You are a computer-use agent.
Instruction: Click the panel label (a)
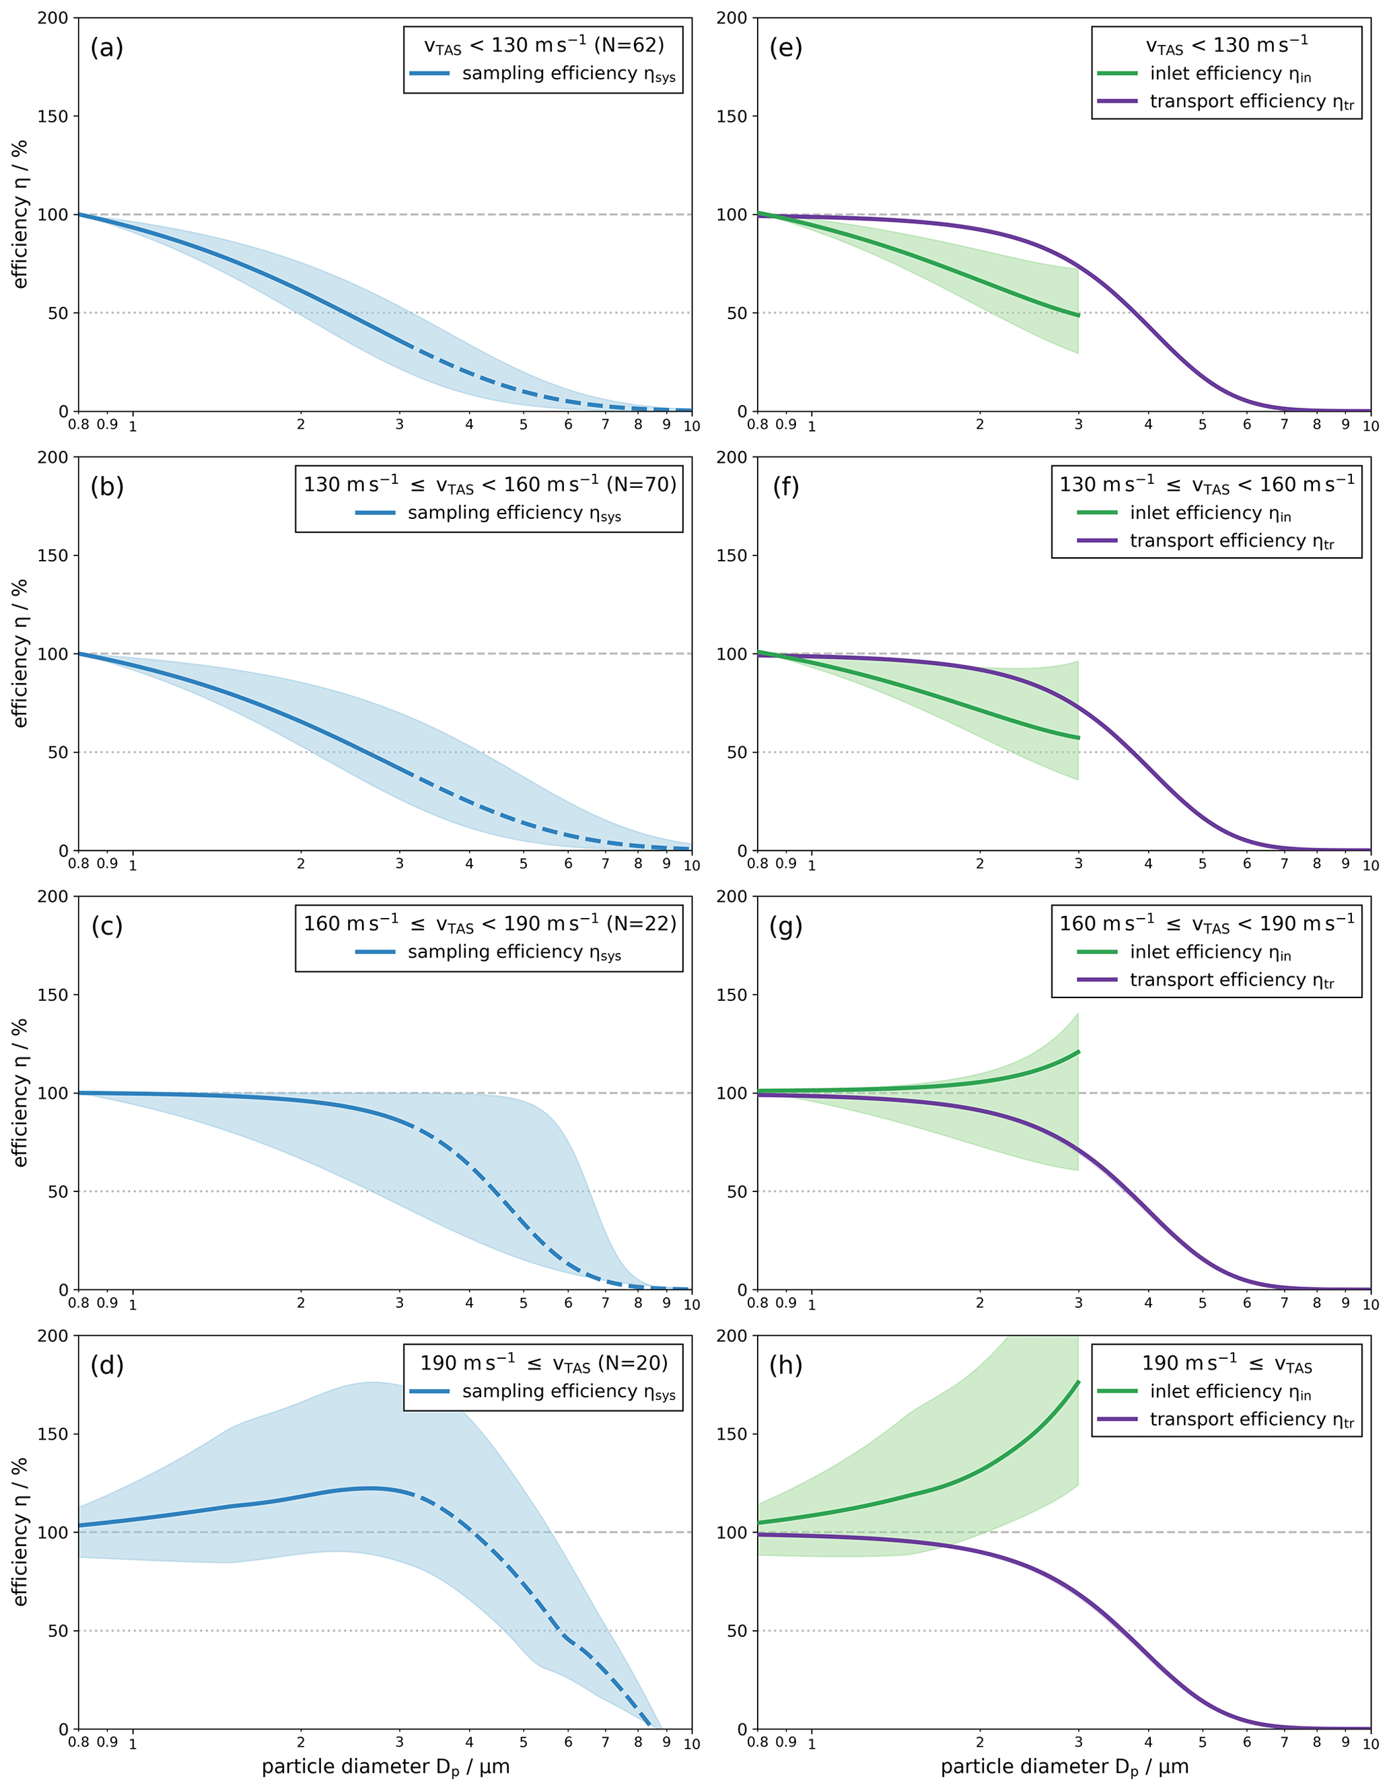106,48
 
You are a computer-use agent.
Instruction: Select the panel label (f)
786,487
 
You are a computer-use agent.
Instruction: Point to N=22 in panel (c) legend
642,923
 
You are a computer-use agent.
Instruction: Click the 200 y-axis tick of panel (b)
52,458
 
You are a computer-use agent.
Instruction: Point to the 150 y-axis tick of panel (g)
732,995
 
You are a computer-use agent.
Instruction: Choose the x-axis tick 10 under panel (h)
1371,1743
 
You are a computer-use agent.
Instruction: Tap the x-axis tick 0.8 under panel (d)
79,1742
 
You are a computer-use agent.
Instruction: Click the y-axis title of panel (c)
20,1092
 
